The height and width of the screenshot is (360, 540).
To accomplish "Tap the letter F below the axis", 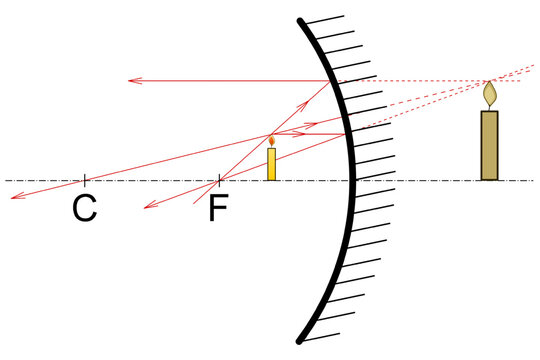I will coord(219,211).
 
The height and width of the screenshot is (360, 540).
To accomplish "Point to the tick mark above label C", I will coord(85,180).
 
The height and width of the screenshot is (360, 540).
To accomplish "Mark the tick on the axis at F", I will coord(219,180).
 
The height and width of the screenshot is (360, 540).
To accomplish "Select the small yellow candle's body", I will coord(271,164).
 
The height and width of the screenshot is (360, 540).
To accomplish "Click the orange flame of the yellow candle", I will coord(271,140).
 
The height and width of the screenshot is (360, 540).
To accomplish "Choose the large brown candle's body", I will coord(489,145).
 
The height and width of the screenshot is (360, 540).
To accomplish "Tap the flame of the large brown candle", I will coord(489,93).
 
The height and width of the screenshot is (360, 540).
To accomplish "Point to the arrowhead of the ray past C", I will coord(13,197).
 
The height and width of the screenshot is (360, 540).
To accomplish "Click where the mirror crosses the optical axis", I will coord(352,180).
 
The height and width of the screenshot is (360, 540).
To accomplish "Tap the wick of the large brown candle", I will coord(489,107).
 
